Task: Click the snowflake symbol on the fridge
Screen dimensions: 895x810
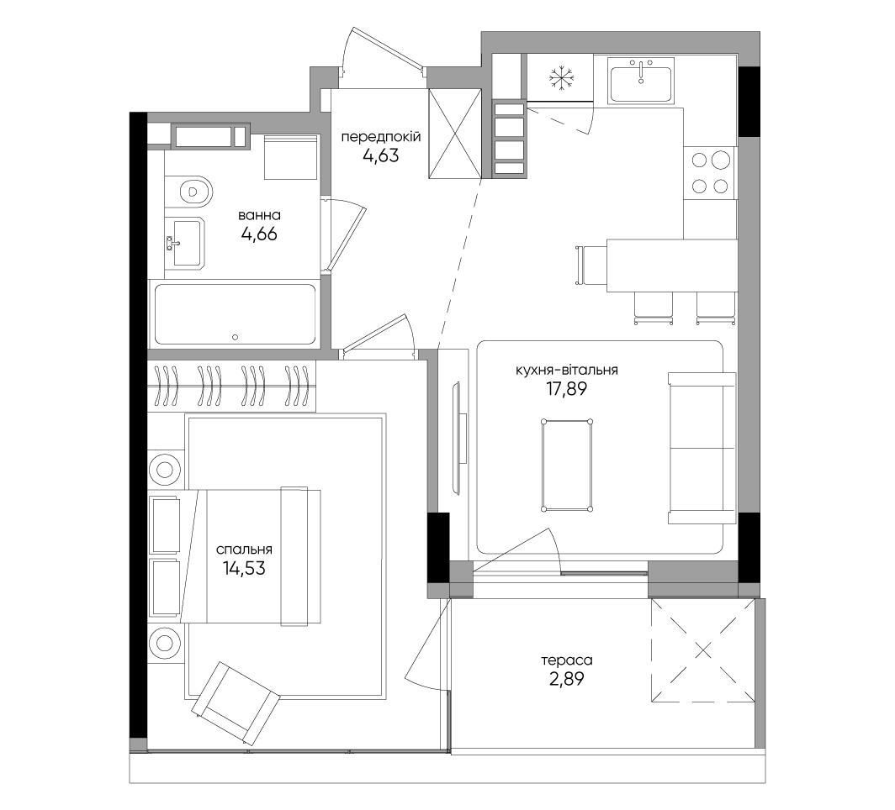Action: (x=560, y=79)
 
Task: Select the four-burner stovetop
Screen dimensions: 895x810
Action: (x=710, y=172)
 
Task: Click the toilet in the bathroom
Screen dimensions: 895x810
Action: (x=189, y=189)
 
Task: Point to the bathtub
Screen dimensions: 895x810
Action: (x=235, y=314)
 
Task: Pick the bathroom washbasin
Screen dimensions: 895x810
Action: (x=183, y=244)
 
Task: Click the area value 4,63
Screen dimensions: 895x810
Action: (x=381, y=155)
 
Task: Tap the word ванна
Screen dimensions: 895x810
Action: (x=259, y=215)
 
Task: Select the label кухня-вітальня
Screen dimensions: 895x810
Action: (x=566, y=370)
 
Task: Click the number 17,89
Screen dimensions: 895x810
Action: (x=566, y=389)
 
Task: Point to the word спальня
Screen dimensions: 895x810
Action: (x=244, y=550)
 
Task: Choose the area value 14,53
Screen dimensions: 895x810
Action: (x=244, y=568)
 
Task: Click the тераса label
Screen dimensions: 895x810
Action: (x=567, y=660)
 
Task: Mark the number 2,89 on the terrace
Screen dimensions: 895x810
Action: (x=567, y=679)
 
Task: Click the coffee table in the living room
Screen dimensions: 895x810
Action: (x=567, y=465)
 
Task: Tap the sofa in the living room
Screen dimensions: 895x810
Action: (x=702, y=448)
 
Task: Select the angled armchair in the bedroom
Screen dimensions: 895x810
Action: (x=236, y=703)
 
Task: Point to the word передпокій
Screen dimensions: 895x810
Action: (x=381, y=137)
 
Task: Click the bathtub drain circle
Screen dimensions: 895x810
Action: (x=236, y=338)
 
